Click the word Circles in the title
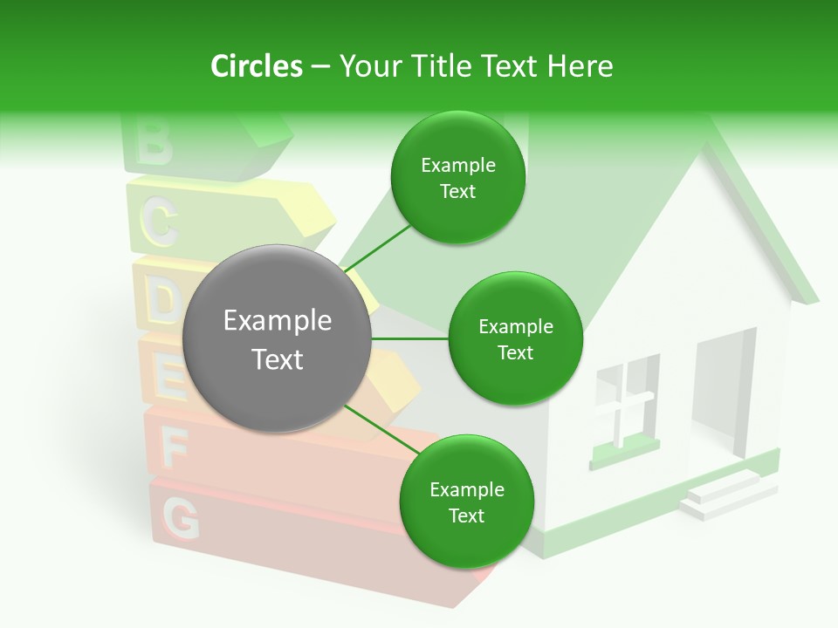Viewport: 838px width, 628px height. point(257,66)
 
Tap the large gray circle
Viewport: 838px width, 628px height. point(278,338)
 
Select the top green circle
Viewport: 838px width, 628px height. point(457,178)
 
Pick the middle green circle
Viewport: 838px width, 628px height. point(515,338)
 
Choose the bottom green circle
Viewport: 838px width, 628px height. point(466,502)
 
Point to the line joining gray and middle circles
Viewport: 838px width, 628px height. point(410,338)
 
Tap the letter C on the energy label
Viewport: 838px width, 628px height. point(159,223)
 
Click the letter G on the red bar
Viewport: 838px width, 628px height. point(182,520)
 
